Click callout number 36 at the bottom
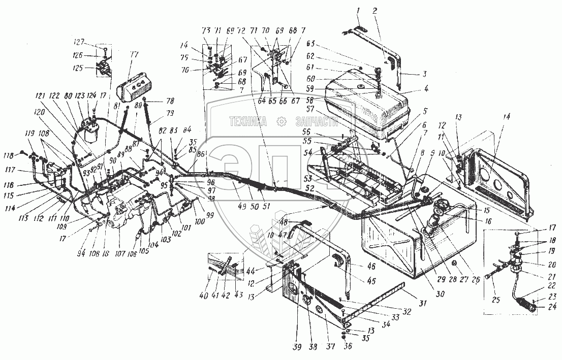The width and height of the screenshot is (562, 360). tap(347, 347)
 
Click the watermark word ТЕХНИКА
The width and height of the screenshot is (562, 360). tap(249, 122)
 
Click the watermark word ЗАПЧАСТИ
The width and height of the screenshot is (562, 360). tap(316, 122)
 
